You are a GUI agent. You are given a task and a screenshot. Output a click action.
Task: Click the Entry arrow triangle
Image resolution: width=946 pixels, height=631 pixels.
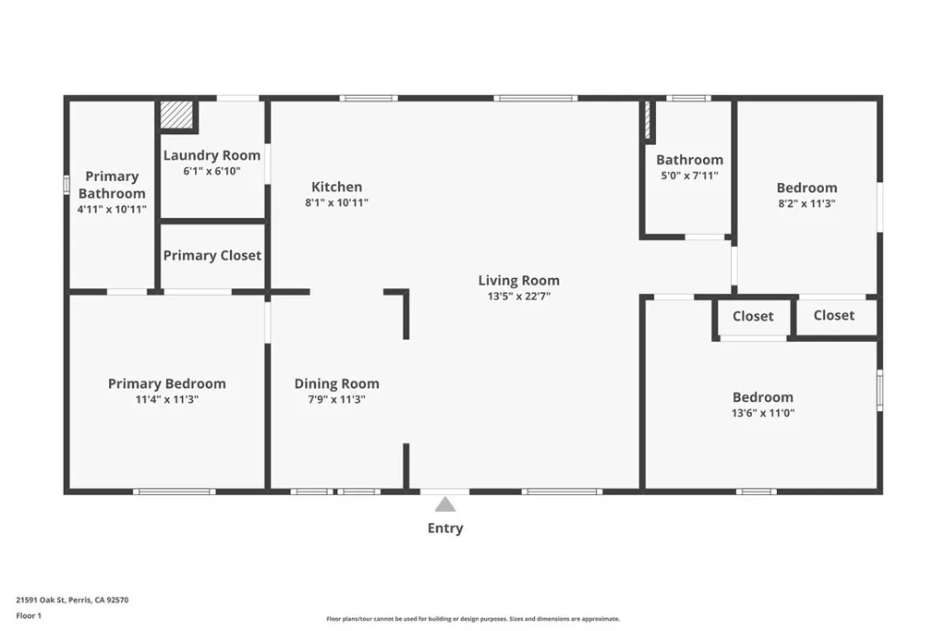pyautogui.click(x=445, y=504)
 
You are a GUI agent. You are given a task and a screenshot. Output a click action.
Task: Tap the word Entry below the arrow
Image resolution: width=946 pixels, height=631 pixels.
pyautogui.click(x=445, y=528)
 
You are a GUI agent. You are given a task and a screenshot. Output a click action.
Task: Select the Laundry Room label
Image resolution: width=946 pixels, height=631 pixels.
pyautogui.click(x=212, y=155)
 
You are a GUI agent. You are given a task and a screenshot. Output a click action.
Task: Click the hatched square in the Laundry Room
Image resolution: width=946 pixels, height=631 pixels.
pyautogui.click(x=176, y=115)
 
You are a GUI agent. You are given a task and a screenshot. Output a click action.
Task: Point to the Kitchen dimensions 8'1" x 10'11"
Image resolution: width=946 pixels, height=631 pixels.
pyautogui.click(x=336, y=202)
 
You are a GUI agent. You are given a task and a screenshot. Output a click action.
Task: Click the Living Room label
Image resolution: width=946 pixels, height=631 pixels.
pyautogui.click(x=518, y=280)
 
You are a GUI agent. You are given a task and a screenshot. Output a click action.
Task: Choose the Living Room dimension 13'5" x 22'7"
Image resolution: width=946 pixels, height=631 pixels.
pyautogui.click(x=518, y=296)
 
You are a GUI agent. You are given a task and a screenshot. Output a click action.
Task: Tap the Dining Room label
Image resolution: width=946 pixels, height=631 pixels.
pyautogui.click(x=336, y=383)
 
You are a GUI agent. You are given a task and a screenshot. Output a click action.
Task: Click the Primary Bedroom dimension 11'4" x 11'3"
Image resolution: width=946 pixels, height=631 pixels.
pyautogui.click(x=166, y=399)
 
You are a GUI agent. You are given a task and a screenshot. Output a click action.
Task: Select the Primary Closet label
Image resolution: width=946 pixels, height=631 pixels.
pyautogui.click(x=212, y=255)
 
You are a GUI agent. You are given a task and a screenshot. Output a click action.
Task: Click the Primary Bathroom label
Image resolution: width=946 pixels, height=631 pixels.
pyautogui.click(x=112, y=185)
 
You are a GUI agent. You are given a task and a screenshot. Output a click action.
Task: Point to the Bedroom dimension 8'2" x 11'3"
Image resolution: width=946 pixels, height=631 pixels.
pyautogui.click(x=807, y=202)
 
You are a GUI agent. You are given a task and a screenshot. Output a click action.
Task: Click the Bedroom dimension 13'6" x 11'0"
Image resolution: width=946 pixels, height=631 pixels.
pyautogui.click(x=762, y=413)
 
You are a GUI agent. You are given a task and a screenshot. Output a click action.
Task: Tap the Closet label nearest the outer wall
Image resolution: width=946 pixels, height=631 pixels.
pyautogui.click(x=833, y=315)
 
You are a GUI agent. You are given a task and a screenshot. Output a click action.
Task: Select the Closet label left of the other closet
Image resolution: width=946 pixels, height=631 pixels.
pyautogui.click(x=753, y=316)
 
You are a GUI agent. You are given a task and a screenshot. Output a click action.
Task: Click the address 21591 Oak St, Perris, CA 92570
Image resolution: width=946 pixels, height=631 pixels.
pyautogui.click(x=72, y=600)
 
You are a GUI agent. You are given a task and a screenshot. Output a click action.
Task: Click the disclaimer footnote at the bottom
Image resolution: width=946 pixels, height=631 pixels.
pyautogui.click(x=472, y=619)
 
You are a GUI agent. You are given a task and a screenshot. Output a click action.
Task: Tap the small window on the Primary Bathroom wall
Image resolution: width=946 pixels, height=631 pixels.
pyautogui.click(x=66, y=185)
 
